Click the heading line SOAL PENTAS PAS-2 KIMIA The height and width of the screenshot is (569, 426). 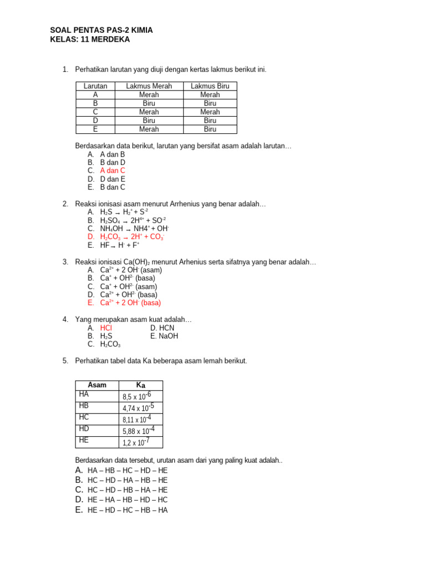point(102,30)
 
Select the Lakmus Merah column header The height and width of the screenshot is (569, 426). point(149,86)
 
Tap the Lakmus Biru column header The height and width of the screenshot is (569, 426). point(210,86)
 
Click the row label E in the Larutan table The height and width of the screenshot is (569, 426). point(95,129)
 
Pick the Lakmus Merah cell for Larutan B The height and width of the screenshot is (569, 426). point(149,103)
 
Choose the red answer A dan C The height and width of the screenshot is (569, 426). point(113,171)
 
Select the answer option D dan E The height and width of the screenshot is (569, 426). point(113,179)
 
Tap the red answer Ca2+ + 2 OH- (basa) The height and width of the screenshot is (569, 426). point(130,303)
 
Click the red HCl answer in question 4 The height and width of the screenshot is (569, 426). point(106,328)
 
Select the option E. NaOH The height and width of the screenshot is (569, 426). point(164,336)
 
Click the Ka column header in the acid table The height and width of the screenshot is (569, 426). point(141,385)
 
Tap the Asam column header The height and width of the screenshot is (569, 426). point(97,385)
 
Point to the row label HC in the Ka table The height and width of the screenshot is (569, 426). point(84,417)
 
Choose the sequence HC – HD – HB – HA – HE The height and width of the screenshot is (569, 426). point(127,490)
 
